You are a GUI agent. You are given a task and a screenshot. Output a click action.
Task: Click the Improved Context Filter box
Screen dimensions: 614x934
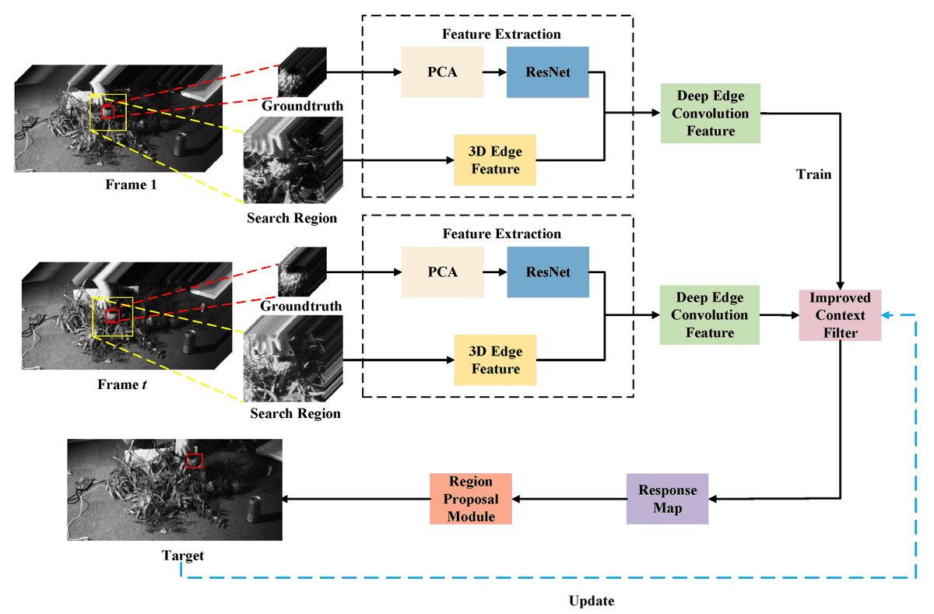tap(840, 314)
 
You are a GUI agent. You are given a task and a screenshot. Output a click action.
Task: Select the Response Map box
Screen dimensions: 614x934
tap(667, 499)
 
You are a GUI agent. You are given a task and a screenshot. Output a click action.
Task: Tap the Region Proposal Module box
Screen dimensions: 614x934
tap(471, 498)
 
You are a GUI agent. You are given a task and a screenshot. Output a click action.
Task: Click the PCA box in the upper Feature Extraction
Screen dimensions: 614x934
tap(441, 72)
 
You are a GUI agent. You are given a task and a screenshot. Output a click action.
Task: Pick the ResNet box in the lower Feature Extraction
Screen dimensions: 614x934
tap(547, 272)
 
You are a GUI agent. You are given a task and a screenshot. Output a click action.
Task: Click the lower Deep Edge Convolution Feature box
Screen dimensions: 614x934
tap(709, 314)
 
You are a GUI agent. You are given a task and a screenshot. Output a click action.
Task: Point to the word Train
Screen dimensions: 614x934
tap(813, 174)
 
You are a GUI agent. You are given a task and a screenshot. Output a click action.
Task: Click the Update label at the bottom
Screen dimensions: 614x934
tap(591, 601)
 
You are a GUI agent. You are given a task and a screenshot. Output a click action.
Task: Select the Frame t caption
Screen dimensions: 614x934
tap(120, 384)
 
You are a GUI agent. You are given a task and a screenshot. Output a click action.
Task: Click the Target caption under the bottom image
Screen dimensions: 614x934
tap(183, 555)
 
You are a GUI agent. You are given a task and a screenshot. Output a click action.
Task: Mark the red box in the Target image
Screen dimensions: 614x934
tap(195, 461)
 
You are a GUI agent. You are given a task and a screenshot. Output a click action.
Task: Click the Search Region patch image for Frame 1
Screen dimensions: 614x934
tap(293, 160)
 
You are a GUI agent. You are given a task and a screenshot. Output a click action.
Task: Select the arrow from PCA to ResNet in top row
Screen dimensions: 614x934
tap(494, 72)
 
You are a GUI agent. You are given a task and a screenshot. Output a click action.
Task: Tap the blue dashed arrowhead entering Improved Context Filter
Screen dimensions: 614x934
tap(888, 314)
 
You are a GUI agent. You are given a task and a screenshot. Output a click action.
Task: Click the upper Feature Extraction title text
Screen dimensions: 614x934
tap(500, 34)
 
